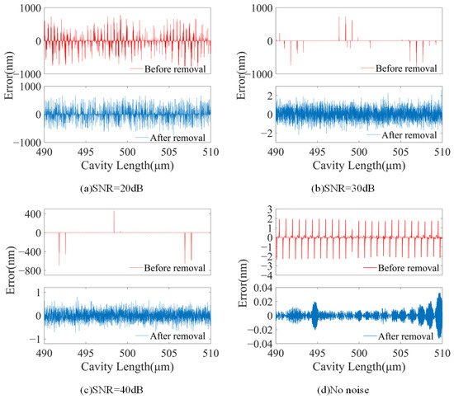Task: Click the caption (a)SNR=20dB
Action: (x=111, y=189)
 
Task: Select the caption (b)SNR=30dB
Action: (x=343, y=189)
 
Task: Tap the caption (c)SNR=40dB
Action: (x=111, y=390)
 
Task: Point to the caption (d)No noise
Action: (x=343, y=390)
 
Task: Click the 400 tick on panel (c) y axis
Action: (x=32, y=214)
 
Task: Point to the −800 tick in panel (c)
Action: (x=30, y=271)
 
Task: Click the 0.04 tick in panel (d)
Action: (x=262, y=288)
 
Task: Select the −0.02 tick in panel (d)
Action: (x=260, y=330)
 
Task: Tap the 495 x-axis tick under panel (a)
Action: (x=85, y=152)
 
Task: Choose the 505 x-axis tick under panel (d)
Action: (x=400, y=353)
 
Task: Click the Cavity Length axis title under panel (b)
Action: (x=359, y=166)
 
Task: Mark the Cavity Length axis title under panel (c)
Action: (x=127, y=367)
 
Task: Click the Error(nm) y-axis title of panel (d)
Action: (x=244, y=283)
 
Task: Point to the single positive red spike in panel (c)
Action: (x=114, y=222)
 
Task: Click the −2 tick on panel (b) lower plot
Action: (x=267, y=134)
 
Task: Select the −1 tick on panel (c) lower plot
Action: (x=35, y=339)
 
